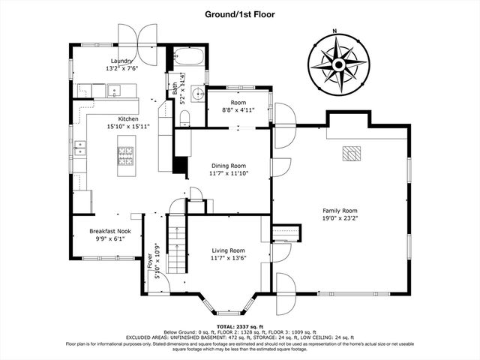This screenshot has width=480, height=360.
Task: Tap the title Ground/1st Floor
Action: (x=240, y=13)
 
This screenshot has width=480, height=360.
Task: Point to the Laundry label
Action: (x=121, y=61)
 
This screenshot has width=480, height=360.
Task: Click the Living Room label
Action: (x=227, y=250)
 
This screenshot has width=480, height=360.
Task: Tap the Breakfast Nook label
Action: (x=110, y=231)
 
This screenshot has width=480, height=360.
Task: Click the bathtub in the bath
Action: (x=188, y=57)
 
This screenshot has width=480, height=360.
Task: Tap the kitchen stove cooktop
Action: (x=124, y=156)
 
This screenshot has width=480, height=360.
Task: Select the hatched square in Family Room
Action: (x=350, y=154)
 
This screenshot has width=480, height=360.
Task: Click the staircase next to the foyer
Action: (x=176, y=244)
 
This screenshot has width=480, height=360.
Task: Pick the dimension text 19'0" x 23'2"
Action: (x=340, y=219)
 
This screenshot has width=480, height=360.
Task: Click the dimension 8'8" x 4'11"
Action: (x=238, y=110)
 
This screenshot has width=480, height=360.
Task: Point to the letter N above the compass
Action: (x=336, y=31)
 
